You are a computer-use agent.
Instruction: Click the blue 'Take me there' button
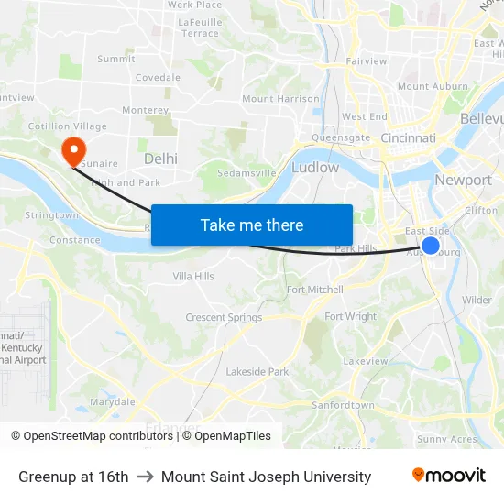point(252,225)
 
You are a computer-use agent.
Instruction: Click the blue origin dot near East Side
point(430,245)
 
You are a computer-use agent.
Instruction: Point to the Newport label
point(463,180)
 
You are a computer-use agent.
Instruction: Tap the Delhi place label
point(160,159)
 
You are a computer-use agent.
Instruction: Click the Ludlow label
point(315,168)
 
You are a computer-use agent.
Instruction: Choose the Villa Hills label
point(193,276)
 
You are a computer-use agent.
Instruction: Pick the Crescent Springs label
point(224,318)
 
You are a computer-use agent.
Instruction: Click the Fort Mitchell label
point(315,290)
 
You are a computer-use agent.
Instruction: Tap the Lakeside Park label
point(257,371)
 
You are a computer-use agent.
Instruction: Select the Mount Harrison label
point(280,99)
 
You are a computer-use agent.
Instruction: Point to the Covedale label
point(158,78)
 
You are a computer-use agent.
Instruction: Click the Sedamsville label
point(246,172)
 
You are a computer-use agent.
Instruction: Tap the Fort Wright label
point(350,317)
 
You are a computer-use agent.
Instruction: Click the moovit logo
point(449,476)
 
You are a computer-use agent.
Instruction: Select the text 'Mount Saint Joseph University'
point(266,477)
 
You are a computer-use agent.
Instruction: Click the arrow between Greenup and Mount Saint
point(145,477)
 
